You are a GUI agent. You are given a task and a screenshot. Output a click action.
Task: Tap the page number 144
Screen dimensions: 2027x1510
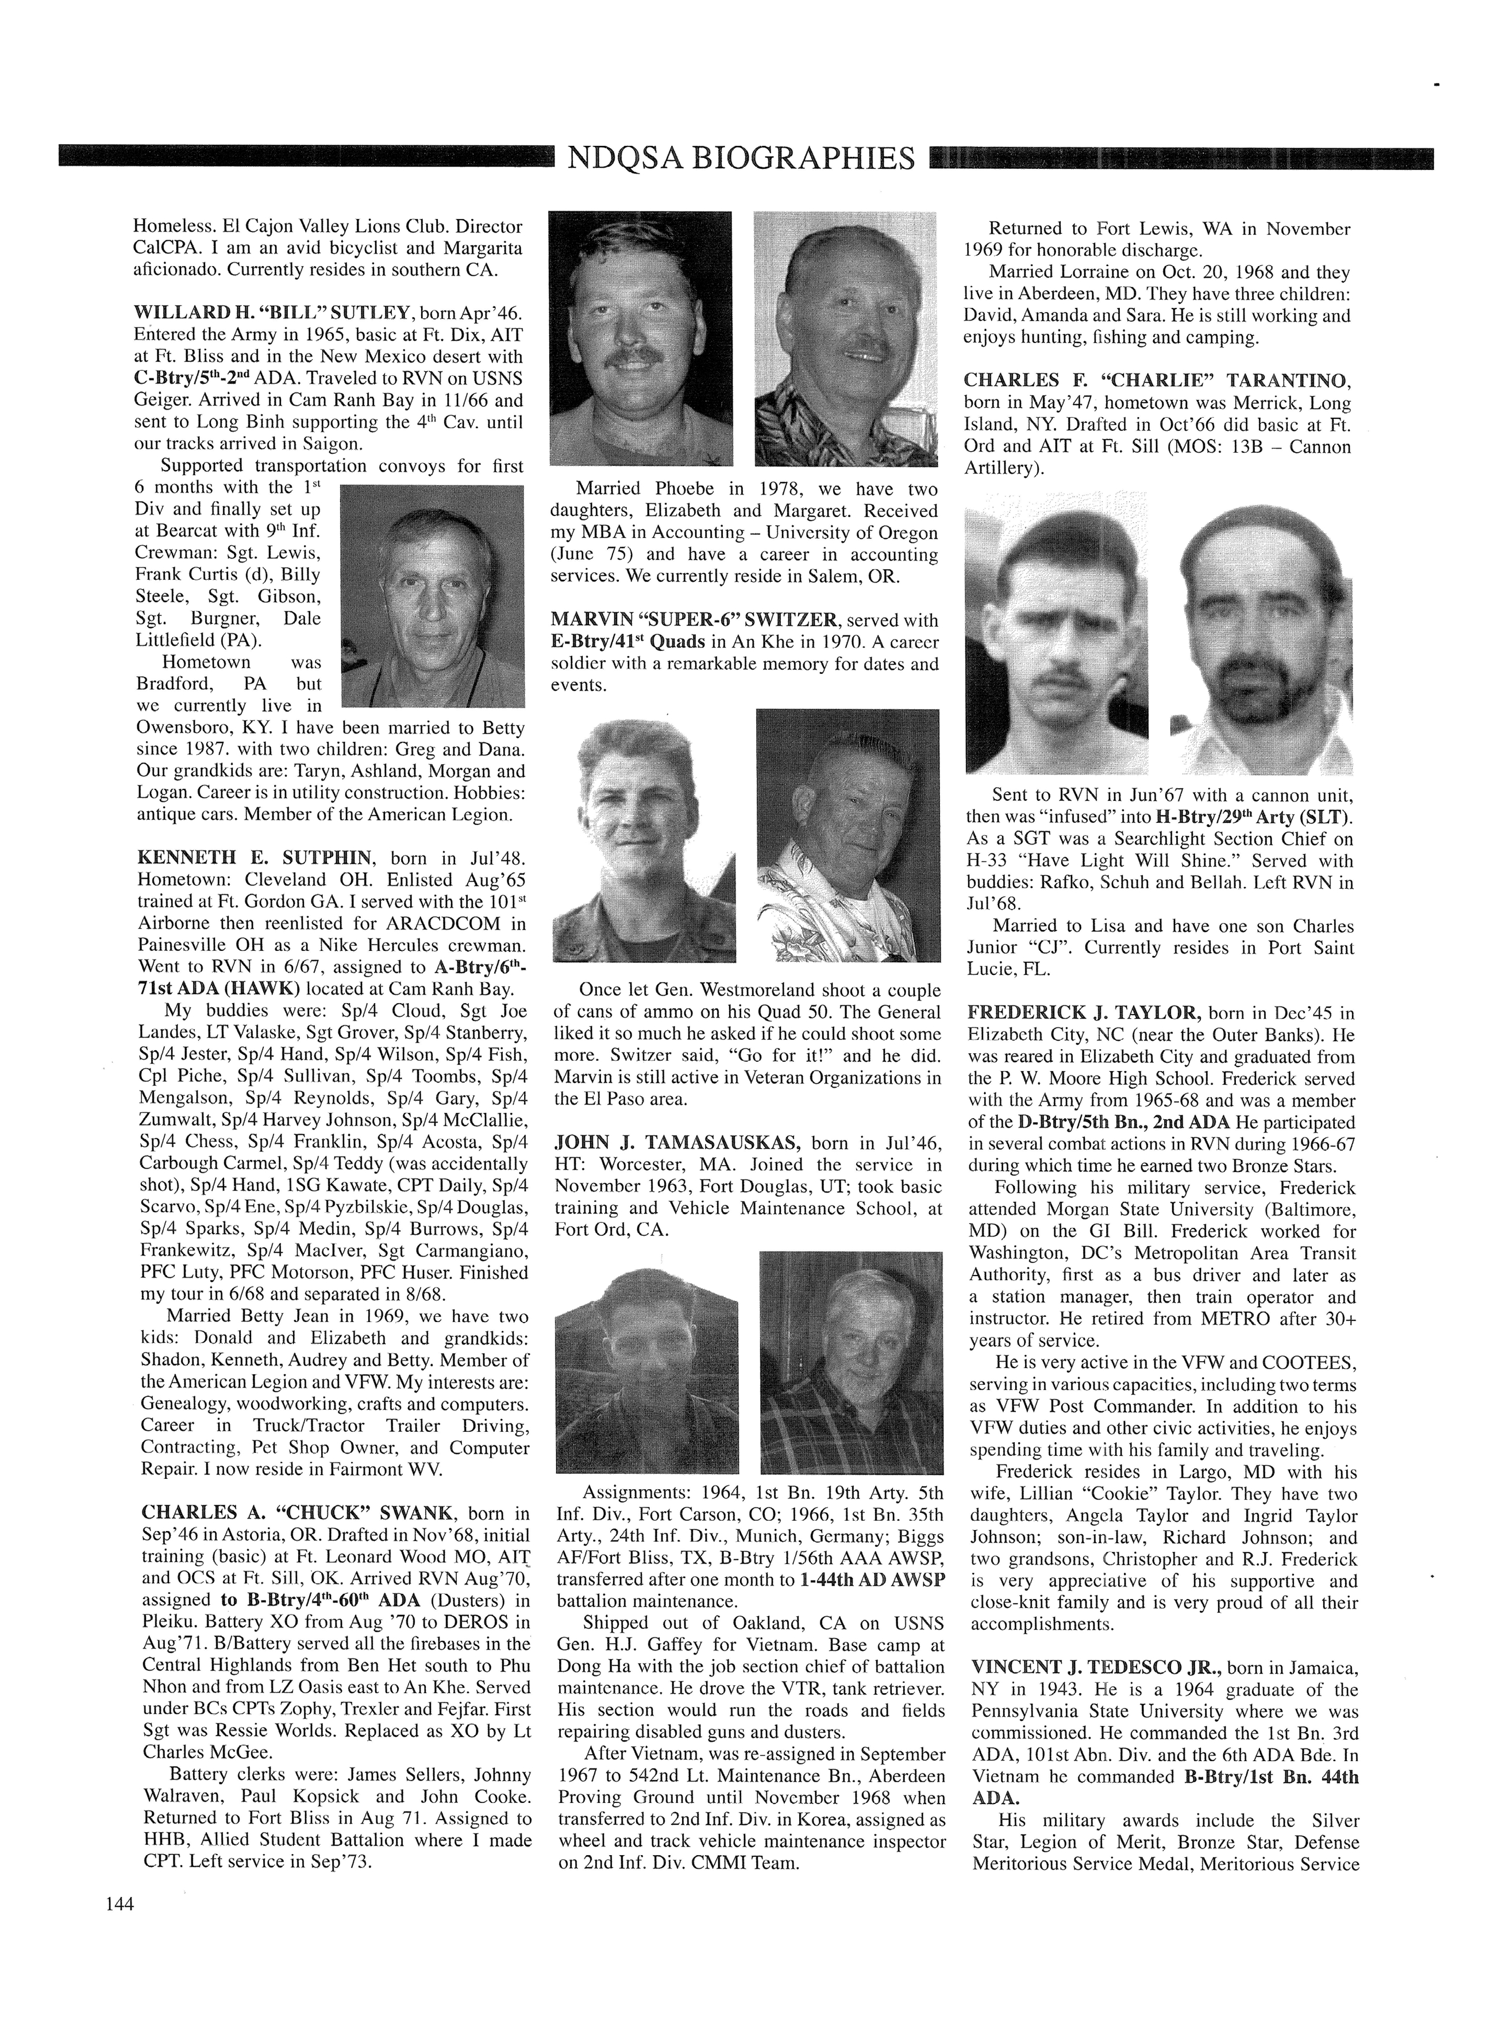pyautogui.click(x=120, y=1903)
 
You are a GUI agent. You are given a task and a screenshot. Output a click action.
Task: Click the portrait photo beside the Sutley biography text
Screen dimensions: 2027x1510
pyautogui.click(x=432, y=596)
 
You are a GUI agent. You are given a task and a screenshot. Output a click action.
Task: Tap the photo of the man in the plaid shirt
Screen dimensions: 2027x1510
pyautogui.click(x=851, y=1362)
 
